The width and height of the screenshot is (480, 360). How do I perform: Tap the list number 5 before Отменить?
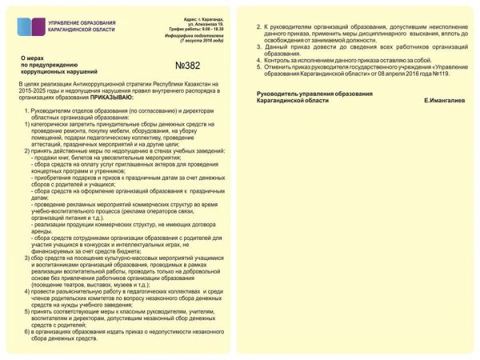(258, 66)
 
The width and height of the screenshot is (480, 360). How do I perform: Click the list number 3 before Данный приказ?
(258, 47)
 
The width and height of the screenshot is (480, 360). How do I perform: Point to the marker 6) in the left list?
(28, 331)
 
